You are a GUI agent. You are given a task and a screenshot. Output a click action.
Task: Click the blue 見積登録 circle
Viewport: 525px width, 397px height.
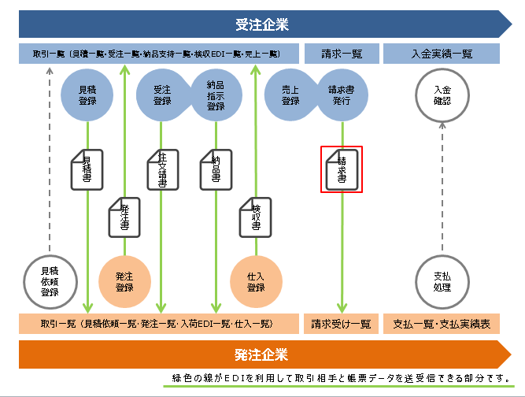(x=87, y=95)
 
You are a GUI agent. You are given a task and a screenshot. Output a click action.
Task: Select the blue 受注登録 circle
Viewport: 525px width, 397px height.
(x=162, y=95)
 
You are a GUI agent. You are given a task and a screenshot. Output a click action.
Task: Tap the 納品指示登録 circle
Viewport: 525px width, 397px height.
(x=216, y=95)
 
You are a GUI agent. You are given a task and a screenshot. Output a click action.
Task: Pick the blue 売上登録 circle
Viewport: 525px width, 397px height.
(x=290, y=95)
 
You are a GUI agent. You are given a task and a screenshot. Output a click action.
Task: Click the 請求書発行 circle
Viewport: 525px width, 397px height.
(x=341, y=95)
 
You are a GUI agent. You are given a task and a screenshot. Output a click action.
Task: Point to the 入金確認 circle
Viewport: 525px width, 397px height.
(x=442, y=95)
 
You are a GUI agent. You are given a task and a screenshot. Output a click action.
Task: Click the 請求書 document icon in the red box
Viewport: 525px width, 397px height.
(x=341, y=169)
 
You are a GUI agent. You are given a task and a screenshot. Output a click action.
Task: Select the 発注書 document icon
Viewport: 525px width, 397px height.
(x=124, y=215)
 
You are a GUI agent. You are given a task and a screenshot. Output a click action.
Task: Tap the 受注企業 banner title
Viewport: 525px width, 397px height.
(x=262, y=24)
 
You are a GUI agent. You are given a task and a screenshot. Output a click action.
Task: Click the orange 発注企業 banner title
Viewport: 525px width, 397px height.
(x=262, y=354)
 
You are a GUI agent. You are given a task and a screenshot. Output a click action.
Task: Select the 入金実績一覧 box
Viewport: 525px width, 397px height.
(x=442, y=54)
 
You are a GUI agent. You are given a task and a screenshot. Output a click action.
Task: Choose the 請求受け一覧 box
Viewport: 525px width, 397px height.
(x=341, y=324)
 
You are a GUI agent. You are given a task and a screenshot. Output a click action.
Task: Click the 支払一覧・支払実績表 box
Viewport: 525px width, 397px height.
(x=442, y=324)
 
